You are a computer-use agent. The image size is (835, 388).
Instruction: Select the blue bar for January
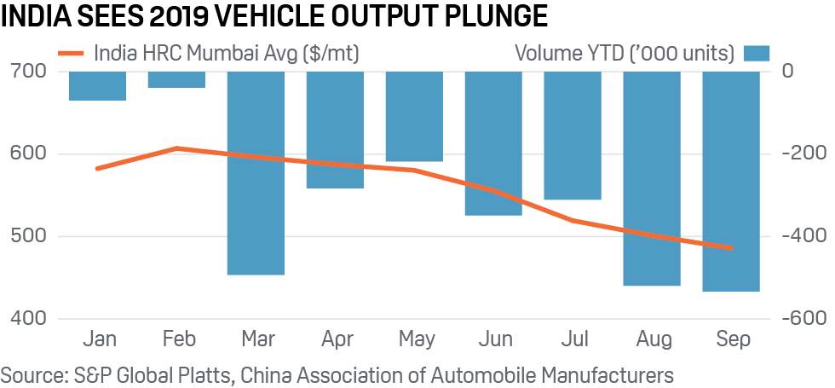click(x=97, y=86)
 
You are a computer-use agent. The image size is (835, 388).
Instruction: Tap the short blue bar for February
click(x=176, y=79)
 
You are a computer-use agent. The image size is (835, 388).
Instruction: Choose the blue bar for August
click(x=652, y=178)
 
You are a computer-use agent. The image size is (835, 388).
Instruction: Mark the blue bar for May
click(x=414, y=116)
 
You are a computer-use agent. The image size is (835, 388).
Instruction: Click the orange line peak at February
click(x=176, y=148)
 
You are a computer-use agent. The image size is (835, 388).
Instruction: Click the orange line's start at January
click(x=97, y=169)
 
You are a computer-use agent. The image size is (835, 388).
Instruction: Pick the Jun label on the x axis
click(x=493, y=340)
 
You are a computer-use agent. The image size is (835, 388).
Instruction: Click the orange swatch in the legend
click(x=72, y=53)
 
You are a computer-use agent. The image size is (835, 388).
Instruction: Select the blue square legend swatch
click(x=756, y=53)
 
